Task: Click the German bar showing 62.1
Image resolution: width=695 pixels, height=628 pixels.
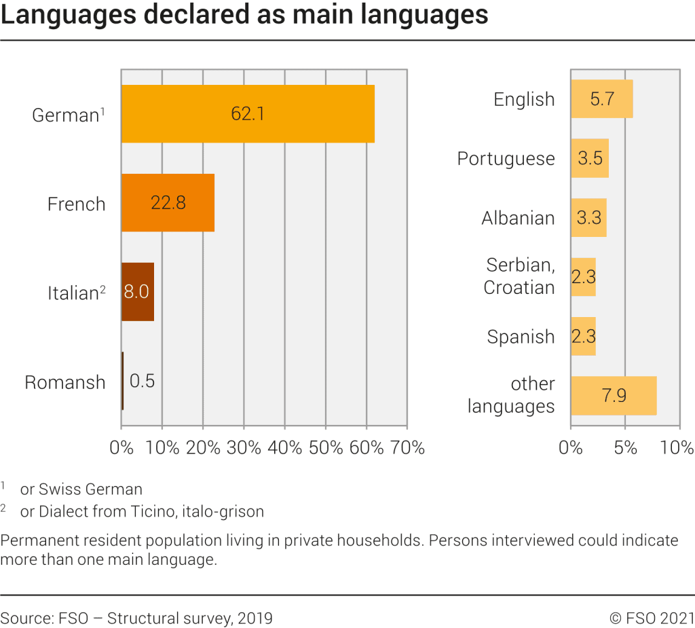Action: (248, 114)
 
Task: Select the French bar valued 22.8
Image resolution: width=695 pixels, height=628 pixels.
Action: (168, 203)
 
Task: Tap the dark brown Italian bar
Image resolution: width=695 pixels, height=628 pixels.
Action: (138, 292)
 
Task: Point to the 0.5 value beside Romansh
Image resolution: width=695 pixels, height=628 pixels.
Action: (142, 381)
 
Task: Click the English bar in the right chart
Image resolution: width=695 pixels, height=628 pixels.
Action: (601, 99)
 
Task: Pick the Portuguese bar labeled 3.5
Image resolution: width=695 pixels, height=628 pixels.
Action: (590, 158)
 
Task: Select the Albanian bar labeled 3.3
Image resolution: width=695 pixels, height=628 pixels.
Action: (588, 218)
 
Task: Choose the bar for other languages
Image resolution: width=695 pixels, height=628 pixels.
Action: (614, 396)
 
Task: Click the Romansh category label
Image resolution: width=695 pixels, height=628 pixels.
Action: (65, 382)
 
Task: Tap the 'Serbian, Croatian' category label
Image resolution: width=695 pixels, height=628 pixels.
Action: (519, 276)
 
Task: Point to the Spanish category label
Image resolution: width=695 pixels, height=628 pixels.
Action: (521, 337)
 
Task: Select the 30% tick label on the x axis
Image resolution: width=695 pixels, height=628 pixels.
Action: (243, 447)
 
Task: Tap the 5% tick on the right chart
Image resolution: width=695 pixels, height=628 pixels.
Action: (625, 447)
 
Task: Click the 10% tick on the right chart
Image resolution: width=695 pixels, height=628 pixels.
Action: (677, 447)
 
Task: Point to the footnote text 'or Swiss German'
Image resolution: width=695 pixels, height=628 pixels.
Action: (81, 489)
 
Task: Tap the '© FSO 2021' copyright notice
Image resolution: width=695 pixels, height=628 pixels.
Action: (652, 618)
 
